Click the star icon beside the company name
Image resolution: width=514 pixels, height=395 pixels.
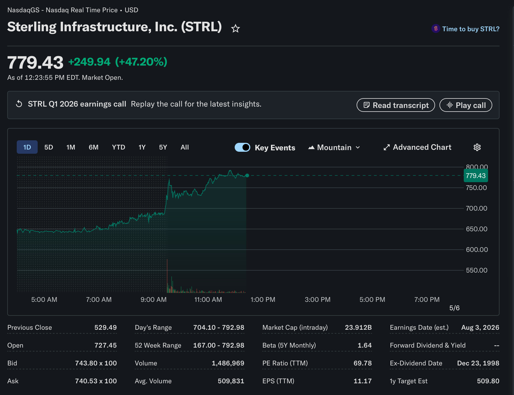(x=236, y=28)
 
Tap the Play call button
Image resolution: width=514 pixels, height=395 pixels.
(x=466, y=105)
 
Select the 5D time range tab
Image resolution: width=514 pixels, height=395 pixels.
(x=49, y=147)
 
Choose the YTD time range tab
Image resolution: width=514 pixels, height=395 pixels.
(x=119, y=147)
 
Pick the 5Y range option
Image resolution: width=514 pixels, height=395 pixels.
(x=163, y=147)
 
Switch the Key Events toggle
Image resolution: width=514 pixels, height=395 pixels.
(x=242, y=147)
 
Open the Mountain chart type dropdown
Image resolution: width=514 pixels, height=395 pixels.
(x=334, y=147)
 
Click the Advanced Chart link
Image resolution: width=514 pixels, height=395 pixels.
(x=417, y=147)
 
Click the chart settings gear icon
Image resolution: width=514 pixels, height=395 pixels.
(x=477, y=147)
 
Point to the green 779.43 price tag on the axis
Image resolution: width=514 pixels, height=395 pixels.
(x=476, y=176)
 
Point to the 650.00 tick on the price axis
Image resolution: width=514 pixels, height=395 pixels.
(x=477, y=229)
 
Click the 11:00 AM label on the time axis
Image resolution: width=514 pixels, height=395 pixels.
(x=208, y=300)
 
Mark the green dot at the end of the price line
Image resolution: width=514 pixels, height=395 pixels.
(x=247, y=175)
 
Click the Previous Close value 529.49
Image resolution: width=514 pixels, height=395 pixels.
(x=105, y=327)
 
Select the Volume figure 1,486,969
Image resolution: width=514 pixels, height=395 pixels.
(x=228, y=363)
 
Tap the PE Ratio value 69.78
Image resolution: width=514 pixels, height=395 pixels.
(x=363, y=363)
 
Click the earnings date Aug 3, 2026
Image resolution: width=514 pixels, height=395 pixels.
(x=480, y=327)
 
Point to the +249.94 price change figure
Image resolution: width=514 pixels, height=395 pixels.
(x=89, y=62)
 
